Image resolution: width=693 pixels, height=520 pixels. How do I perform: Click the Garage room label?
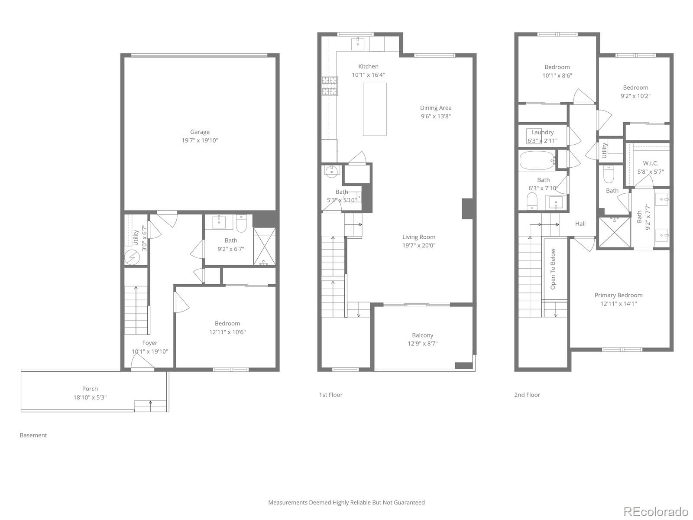tap(200, 132)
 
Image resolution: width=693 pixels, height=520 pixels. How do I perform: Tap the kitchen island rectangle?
tap(375, 109)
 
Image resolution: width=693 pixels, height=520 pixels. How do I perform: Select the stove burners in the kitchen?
tap(330, 86)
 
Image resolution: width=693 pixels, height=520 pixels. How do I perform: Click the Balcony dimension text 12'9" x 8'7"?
tap(422, 344)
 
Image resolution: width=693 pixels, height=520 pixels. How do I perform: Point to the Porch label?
tap(90, 389)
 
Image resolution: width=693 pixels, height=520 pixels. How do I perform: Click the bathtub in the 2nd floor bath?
tap(537, 160)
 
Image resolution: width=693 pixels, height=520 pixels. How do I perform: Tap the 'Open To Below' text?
tap(553, 269)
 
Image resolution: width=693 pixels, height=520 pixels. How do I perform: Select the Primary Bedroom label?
tap(618, 295)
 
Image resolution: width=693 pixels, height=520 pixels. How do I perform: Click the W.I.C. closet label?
tap(651, 163)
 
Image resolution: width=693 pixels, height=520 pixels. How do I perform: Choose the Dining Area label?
tap(436, 108)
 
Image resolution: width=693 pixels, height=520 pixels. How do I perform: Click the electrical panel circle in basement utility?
tap(131, 258)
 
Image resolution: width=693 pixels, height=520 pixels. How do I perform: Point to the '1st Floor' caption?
tap(330, 395)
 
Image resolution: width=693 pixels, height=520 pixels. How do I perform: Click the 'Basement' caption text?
tap(33, 435)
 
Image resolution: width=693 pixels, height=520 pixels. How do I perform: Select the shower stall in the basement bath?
tap(264, 247)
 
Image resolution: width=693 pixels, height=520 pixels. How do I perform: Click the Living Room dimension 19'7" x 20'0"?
tap(419, 245)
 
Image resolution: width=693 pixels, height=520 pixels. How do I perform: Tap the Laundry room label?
tap(542, 132)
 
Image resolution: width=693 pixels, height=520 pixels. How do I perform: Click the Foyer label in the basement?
tap(150, 343)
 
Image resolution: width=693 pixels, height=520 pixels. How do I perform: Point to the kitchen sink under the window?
tap(358, 42)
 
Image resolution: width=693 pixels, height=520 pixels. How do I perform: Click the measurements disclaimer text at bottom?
tap(346, 503)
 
